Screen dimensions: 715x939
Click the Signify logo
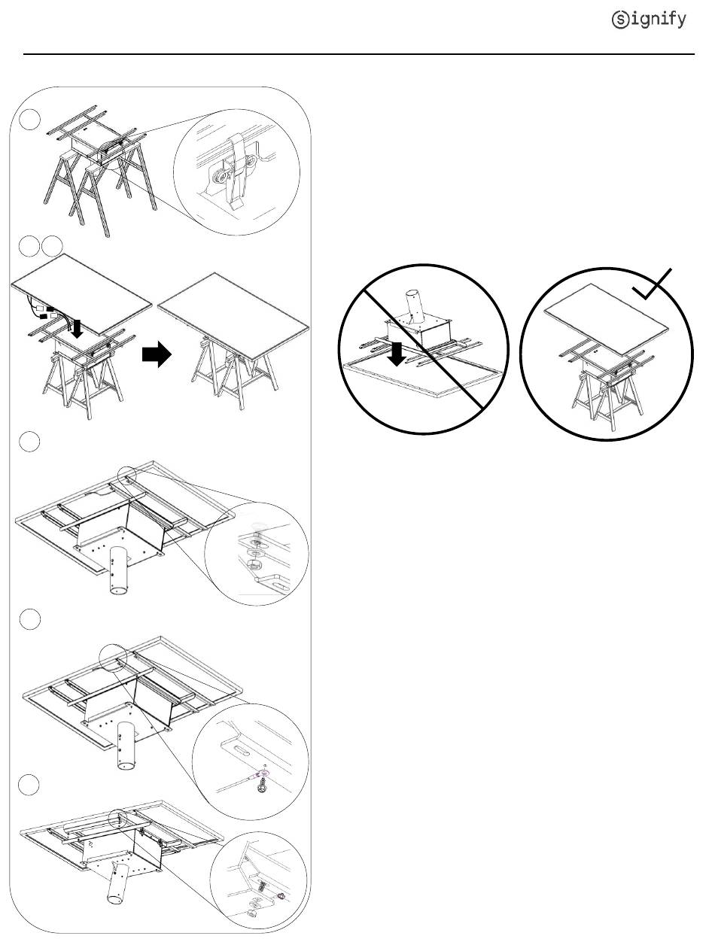(649, 20)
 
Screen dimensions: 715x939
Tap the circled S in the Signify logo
(620, 20)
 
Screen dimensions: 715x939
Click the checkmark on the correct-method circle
(652, 284)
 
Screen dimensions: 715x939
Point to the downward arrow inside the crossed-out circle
(397, 354)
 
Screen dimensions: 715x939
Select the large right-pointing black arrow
(157, 354)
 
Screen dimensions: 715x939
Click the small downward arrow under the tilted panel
(77, 328)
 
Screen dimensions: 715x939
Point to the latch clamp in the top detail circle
(236, 171)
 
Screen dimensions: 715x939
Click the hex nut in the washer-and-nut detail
(254, 564)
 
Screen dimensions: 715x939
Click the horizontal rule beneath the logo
(358, 54)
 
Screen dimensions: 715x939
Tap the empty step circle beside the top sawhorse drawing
(29, 119)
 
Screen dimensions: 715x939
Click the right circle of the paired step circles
(52, 246)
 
